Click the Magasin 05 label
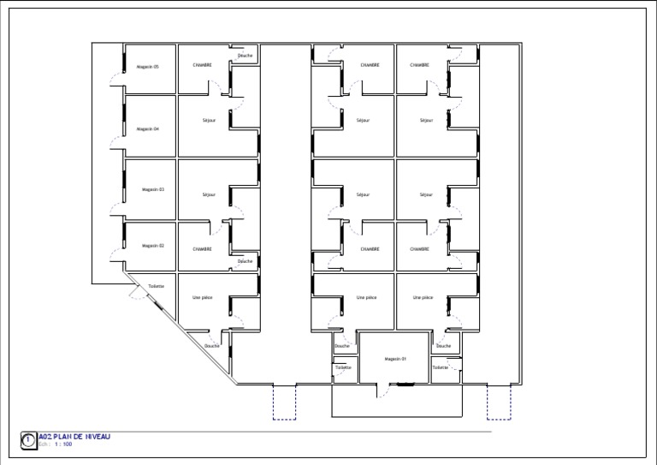tap(147, 66)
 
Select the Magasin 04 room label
tap(147, 128)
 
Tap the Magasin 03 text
tap(152, 189)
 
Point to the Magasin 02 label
tap(152, 246)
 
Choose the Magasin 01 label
tap(395, 358)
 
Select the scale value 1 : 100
tap(63, 444)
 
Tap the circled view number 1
tap(28, 440)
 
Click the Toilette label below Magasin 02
tap(156, 286)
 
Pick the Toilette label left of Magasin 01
tap(343, 367)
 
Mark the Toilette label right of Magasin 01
tap(440, 367)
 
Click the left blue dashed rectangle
tap(284, 402)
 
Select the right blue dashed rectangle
tap(499, 402)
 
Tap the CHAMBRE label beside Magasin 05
tap(203, 65)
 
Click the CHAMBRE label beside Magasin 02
tap(203, 249)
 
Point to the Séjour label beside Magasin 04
tap(210, 121)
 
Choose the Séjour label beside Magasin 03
tap(210, 195)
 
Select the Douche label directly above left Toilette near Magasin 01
tap(342, 346)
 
